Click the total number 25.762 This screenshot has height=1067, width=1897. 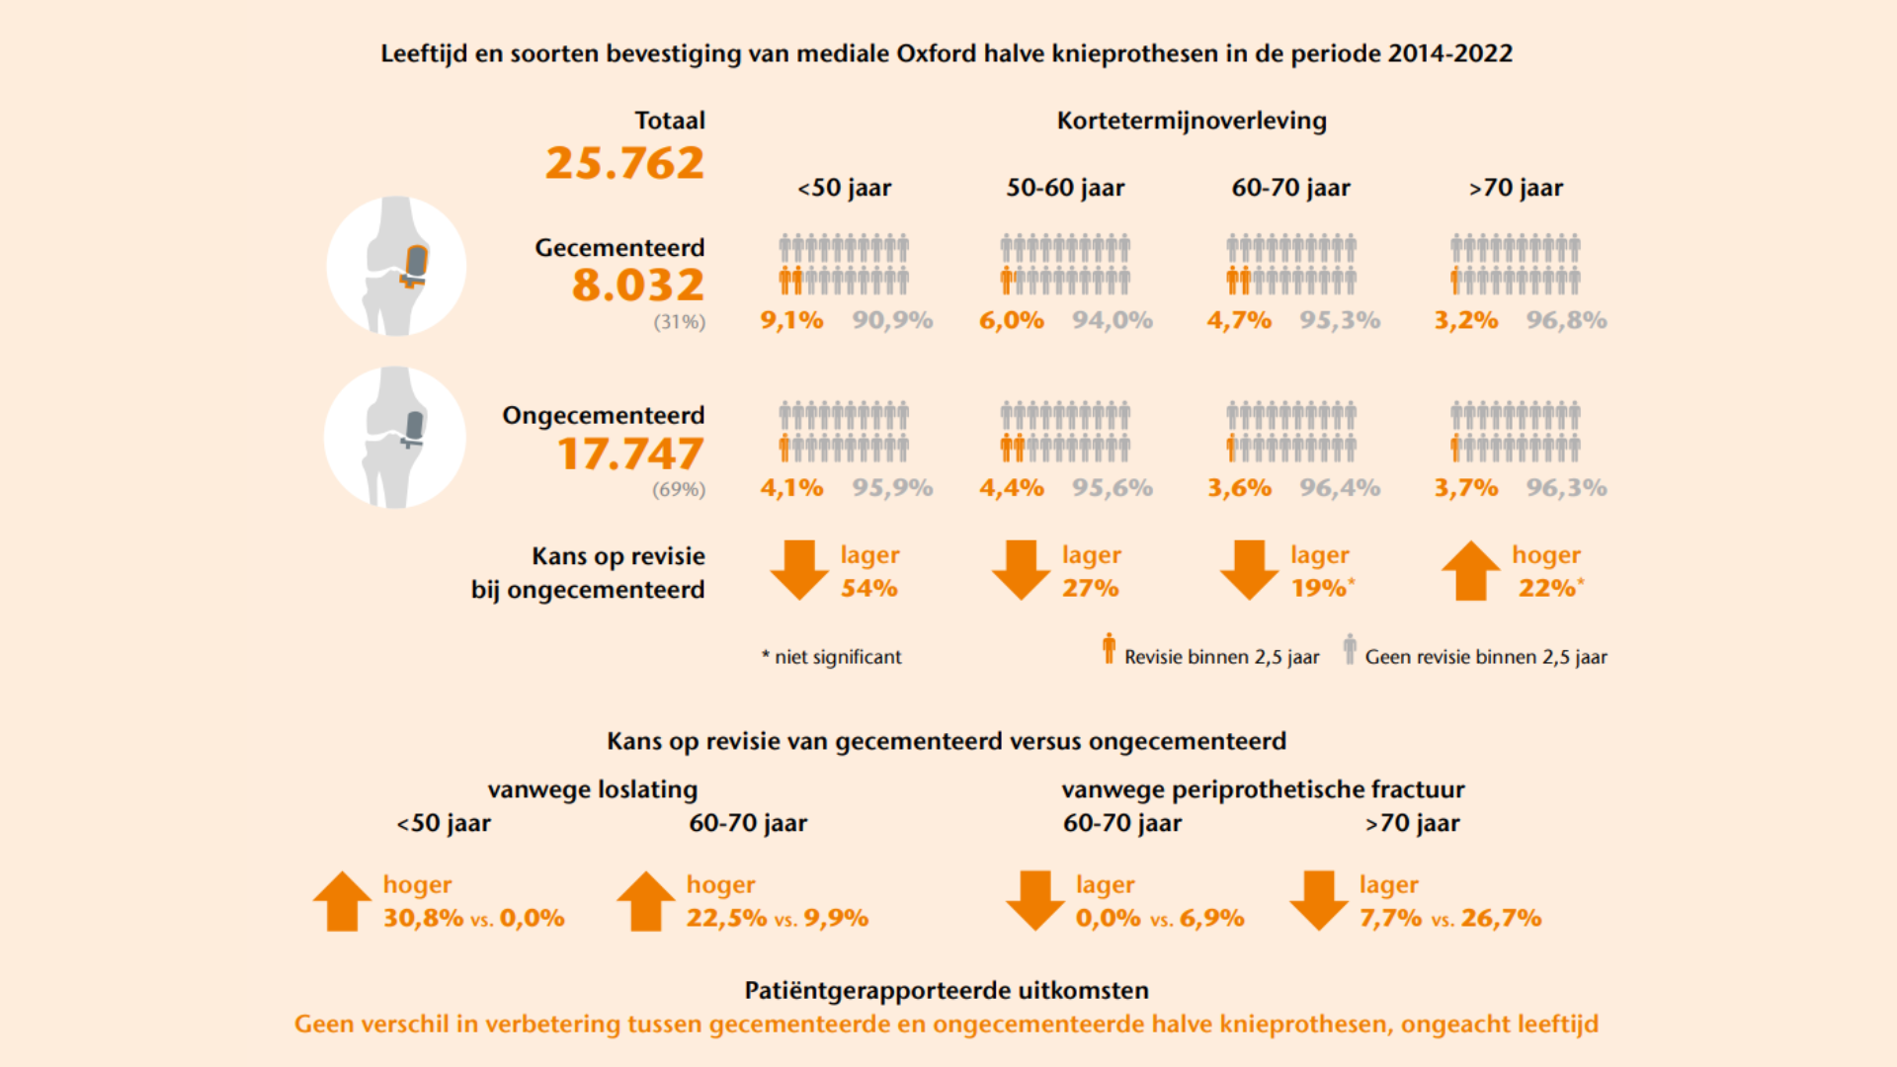[624, 163]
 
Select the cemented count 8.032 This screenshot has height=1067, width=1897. [637, 286]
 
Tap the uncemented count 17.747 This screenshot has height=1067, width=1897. [630, 453]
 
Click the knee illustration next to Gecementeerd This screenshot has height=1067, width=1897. [396, 266]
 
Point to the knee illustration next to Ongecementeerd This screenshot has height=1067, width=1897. [395, 437]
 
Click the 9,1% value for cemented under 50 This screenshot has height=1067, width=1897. [791, 320]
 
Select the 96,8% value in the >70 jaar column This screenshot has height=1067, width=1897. [1566, 320]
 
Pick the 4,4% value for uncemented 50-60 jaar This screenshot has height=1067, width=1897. [1012, 488]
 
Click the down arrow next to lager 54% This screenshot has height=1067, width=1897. [798, 570]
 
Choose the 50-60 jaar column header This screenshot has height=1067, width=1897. [1065, 188]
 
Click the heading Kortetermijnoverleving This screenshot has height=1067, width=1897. [1192, 121]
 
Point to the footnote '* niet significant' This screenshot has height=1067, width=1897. [832, 657]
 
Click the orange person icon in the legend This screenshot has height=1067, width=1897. [1109, 648]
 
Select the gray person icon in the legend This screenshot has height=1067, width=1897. [1350, 648]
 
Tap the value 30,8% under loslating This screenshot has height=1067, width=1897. [423, 918]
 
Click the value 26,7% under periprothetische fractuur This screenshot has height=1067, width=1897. [1501, 918]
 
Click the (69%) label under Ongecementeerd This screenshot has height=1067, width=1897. [679, 489]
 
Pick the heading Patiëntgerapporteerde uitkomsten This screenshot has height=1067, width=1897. [947, 990]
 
